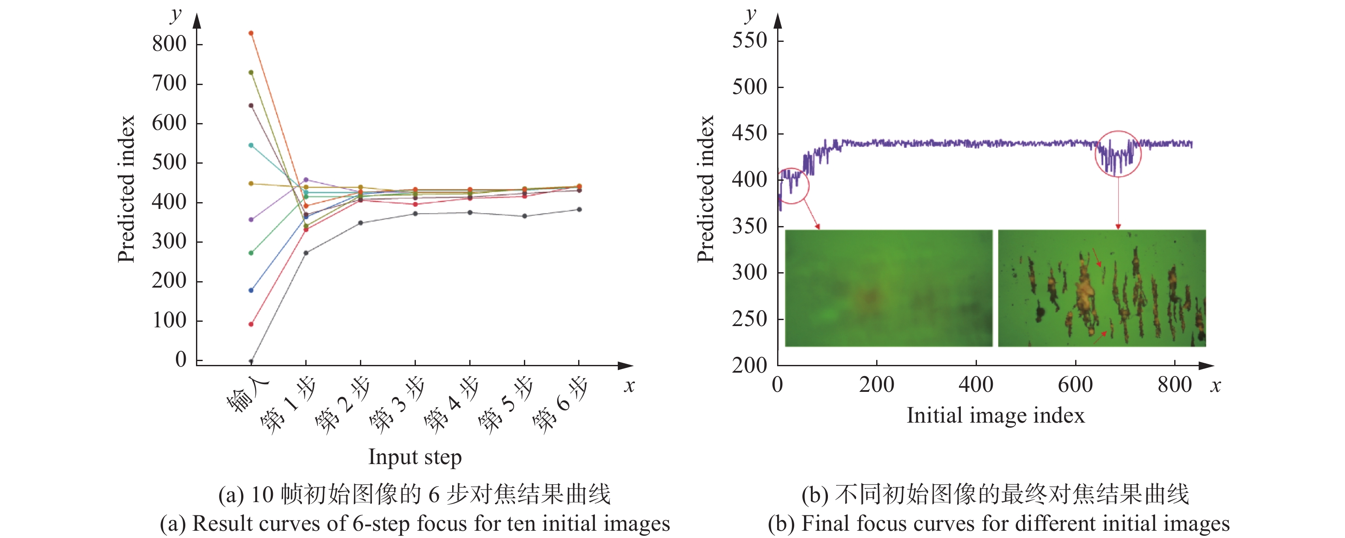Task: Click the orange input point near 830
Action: click(x=251, y=33)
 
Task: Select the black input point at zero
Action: click(x=251, y=361)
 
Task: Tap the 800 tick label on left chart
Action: click(x=169, y=44)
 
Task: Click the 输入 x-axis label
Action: click(x=247, y=394)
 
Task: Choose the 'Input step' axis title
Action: click(x=415, y=457)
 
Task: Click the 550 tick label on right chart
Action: click(x=749, y=41)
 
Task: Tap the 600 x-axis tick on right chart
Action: click(x=1075, y=385)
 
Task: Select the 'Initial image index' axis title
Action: click(x=995, y=416)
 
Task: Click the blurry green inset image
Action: click(x=888, y=288)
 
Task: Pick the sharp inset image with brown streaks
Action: click(x=1102, y=288)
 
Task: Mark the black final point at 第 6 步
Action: click(x=579, y=209)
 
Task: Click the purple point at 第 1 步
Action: click(x=306, y=179)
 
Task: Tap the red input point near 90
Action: click(x=251, y=324)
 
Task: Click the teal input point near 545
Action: click(x=251, y=145)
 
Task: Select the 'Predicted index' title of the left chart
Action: click(x=126, y=188)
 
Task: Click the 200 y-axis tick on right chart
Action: click(x=749, y=365)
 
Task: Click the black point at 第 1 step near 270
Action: click(x=306, y=253)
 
